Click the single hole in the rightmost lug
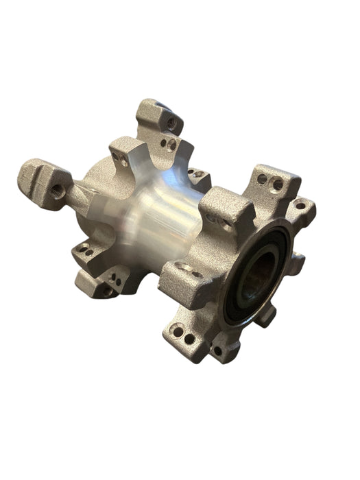coord(300,205)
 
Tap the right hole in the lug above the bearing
coord(277,184)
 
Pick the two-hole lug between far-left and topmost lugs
coord(127,154)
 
